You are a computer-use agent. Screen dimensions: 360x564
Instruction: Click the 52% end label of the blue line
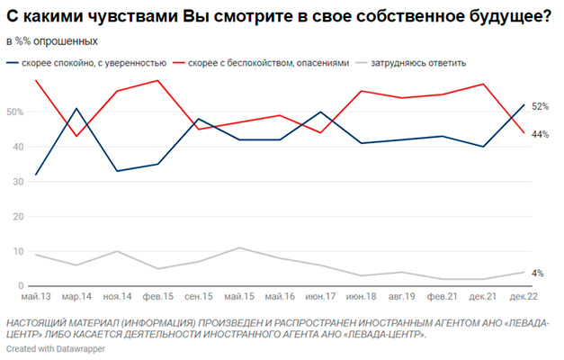tap(541, 106)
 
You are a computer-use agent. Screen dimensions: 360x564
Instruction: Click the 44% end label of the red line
tap(541, 134)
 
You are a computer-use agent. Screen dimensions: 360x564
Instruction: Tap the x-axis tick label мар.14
tap(76, 296)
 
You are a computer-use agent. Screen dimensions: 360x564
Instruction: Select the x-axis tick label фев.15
tap(158, 296)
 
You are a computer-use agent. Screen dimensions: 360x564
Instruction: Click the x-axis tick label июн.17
tap(321, 296)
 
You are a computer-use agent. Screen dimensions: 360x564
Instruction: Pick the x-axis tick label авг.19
tap(402, 296)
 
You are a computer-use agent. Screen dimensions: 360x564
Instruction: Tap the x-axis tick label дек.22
tap(524, 296)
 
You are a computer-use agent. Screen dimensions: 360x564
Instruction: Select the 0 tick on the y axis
tap(20, 286)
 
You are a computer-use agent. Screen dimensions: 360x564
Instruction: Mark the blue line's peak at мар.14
tap(76, 109)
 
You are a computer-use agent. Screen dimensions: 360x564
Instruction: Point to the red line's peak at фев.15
tap(158, 81)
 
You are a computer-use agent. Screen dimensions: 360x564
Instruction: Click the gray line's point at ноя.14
tap(117, 251)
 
